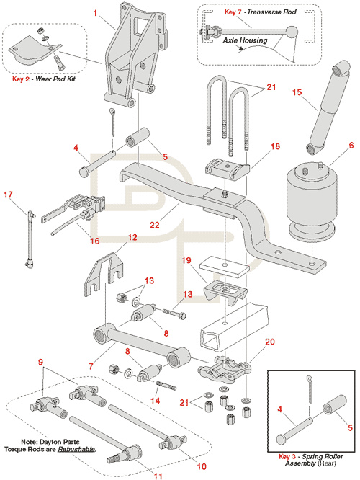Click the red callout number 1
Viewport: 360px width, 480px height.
pyautogui.click(x=96, y=13)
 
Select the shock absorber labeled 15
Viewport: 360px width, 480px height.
pyautogui.click(x=328, y=107)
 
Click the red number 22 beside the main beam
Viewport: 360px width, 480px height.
pyautogui.click(x=155, y=225)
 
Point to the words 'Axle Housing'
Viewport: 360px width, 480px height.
pyautogui.click(x=245, y=40)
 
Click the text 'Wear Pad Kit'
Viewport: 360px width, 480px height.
pyautogui.click(x=55, y=79)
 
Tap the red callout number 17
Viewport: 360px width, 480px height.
pyautogui.click(x=8, y=195)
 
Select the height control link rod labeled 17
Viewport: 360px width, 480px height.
pyautogui.click(x=30, y=239)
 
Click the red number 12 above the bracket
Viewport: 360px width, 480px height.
pyautogui.click(x=132, y=238)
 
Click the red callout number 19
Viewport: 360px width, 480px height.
pyautogui.click(x=186, y=260)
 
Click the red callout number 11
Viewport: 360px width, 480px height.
pyautogui.click(x=158, y=476)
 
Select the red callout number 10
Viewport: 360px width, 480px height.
pyautogui.click(x=202, y=466)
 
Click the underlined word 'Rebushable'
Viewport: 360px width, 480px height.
pyautogui.click(x=76, y=450)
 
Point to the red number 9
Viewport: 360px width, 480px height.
pyautogui.click(x=40, y=362)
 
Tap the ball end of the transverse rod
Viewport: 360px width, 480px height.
pyautogui.click(x=291, y=32)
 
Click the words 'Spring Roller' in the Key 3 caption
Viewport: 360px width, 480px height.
pyautogui.click(x=323, y=457)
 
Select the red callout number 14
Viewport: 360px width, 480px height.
pyautogui.click(x=155, y=401)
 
